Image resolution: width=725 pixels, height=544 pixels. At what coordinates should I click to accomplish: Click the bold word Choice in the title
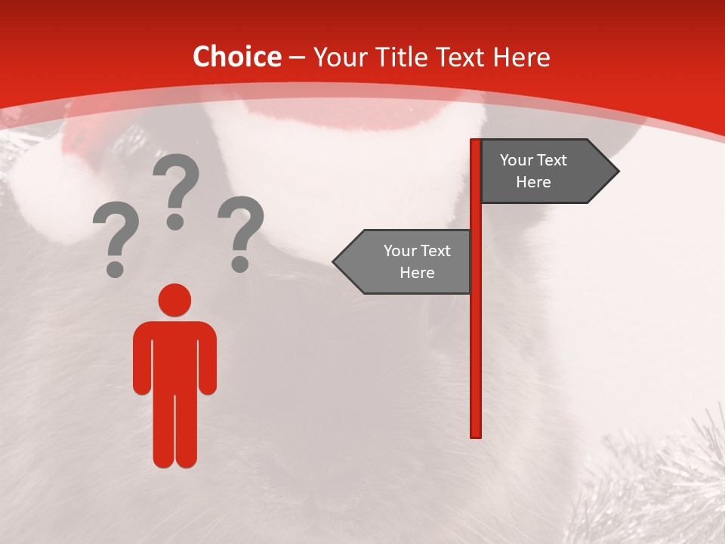point(236,57)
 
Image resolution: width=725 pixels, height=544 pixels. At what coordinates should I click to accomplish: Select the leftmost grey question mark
point(115,238)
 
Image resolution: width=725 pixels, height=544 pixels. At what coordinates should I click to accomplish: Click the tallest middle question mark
point(176,189)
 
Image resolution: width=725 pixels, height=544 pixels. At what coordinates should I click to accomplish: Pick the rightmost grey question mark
point(241,232)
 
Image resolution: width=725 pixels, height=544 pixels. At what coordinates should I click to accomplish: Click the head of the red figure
point(174,300)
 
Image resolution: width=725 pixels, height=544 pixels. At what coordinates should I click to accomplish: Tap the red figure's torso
point(174,355)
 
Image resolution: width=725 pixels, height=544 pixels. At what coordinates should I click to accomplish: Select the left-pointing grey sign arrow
point(404,261)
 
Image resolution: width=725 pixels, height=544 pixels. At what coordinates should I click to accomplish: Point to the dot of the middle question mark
point(175,221)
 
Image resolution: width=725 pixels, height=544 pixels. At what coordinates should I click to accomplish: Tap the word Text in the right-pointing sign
point(551,160)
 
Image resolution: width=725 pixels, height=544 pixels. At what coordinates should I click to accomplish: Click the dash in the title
point(297,57)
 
